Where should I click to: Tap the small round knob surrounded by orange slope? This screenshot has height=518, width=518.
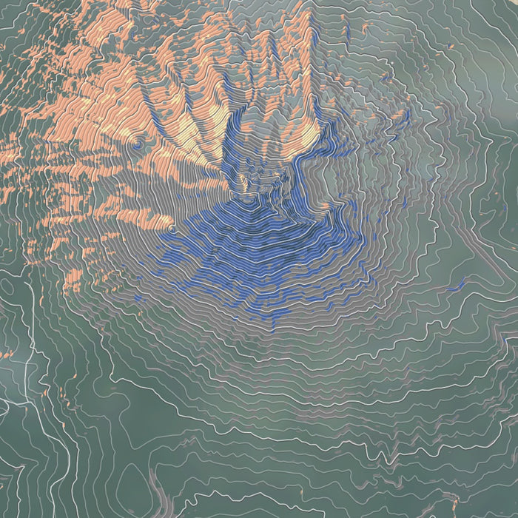136,145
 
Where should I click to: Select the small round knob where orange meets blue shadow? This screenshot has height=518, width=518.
172,230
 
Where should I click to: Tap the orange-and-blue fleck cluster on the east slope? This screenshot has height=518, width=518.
400,118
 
